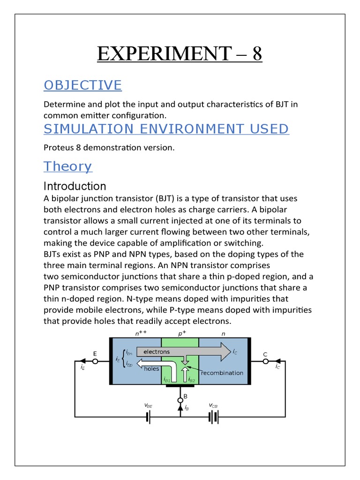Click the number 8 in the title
pyautogui.click(x=257, y=54)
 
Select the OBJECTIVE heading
pyautogui.click(x=82, y=85)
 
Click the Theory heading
pyautogui.click(x=67, y=166)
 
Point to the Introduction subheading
pyautogui.click(x=75, y=186)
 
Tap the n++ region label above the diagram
pyautogui.click(x=140, y=334)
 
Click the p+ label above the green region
pyautogui.click(x=180, y=334)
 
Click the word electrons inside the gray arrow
pyautogui.click(x=157, y=352)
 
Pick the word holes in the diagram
pyautogui.click(x=151, y=369)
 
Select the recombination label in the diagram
pyautogui.click(x=222, y=373)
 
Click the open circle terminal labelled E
pyautogui.click(x=95, y=361)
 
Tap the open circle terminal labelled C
pyautogui.click(x=265, y=361)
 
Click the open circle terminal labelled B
pyautogui.click(x=180, y=400)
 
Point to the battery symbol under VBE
pyautogui.click(x=148, y=417)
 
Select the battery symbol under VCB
pyautogui.click(x=214, y=417)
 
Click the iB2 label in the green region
pyautogui.click(x=192, y=380)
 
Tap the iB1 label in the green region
pyautogui.click(x=167, y=380)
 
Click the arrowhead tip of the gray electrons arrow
pyautogui.click(x=231, y=352)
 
